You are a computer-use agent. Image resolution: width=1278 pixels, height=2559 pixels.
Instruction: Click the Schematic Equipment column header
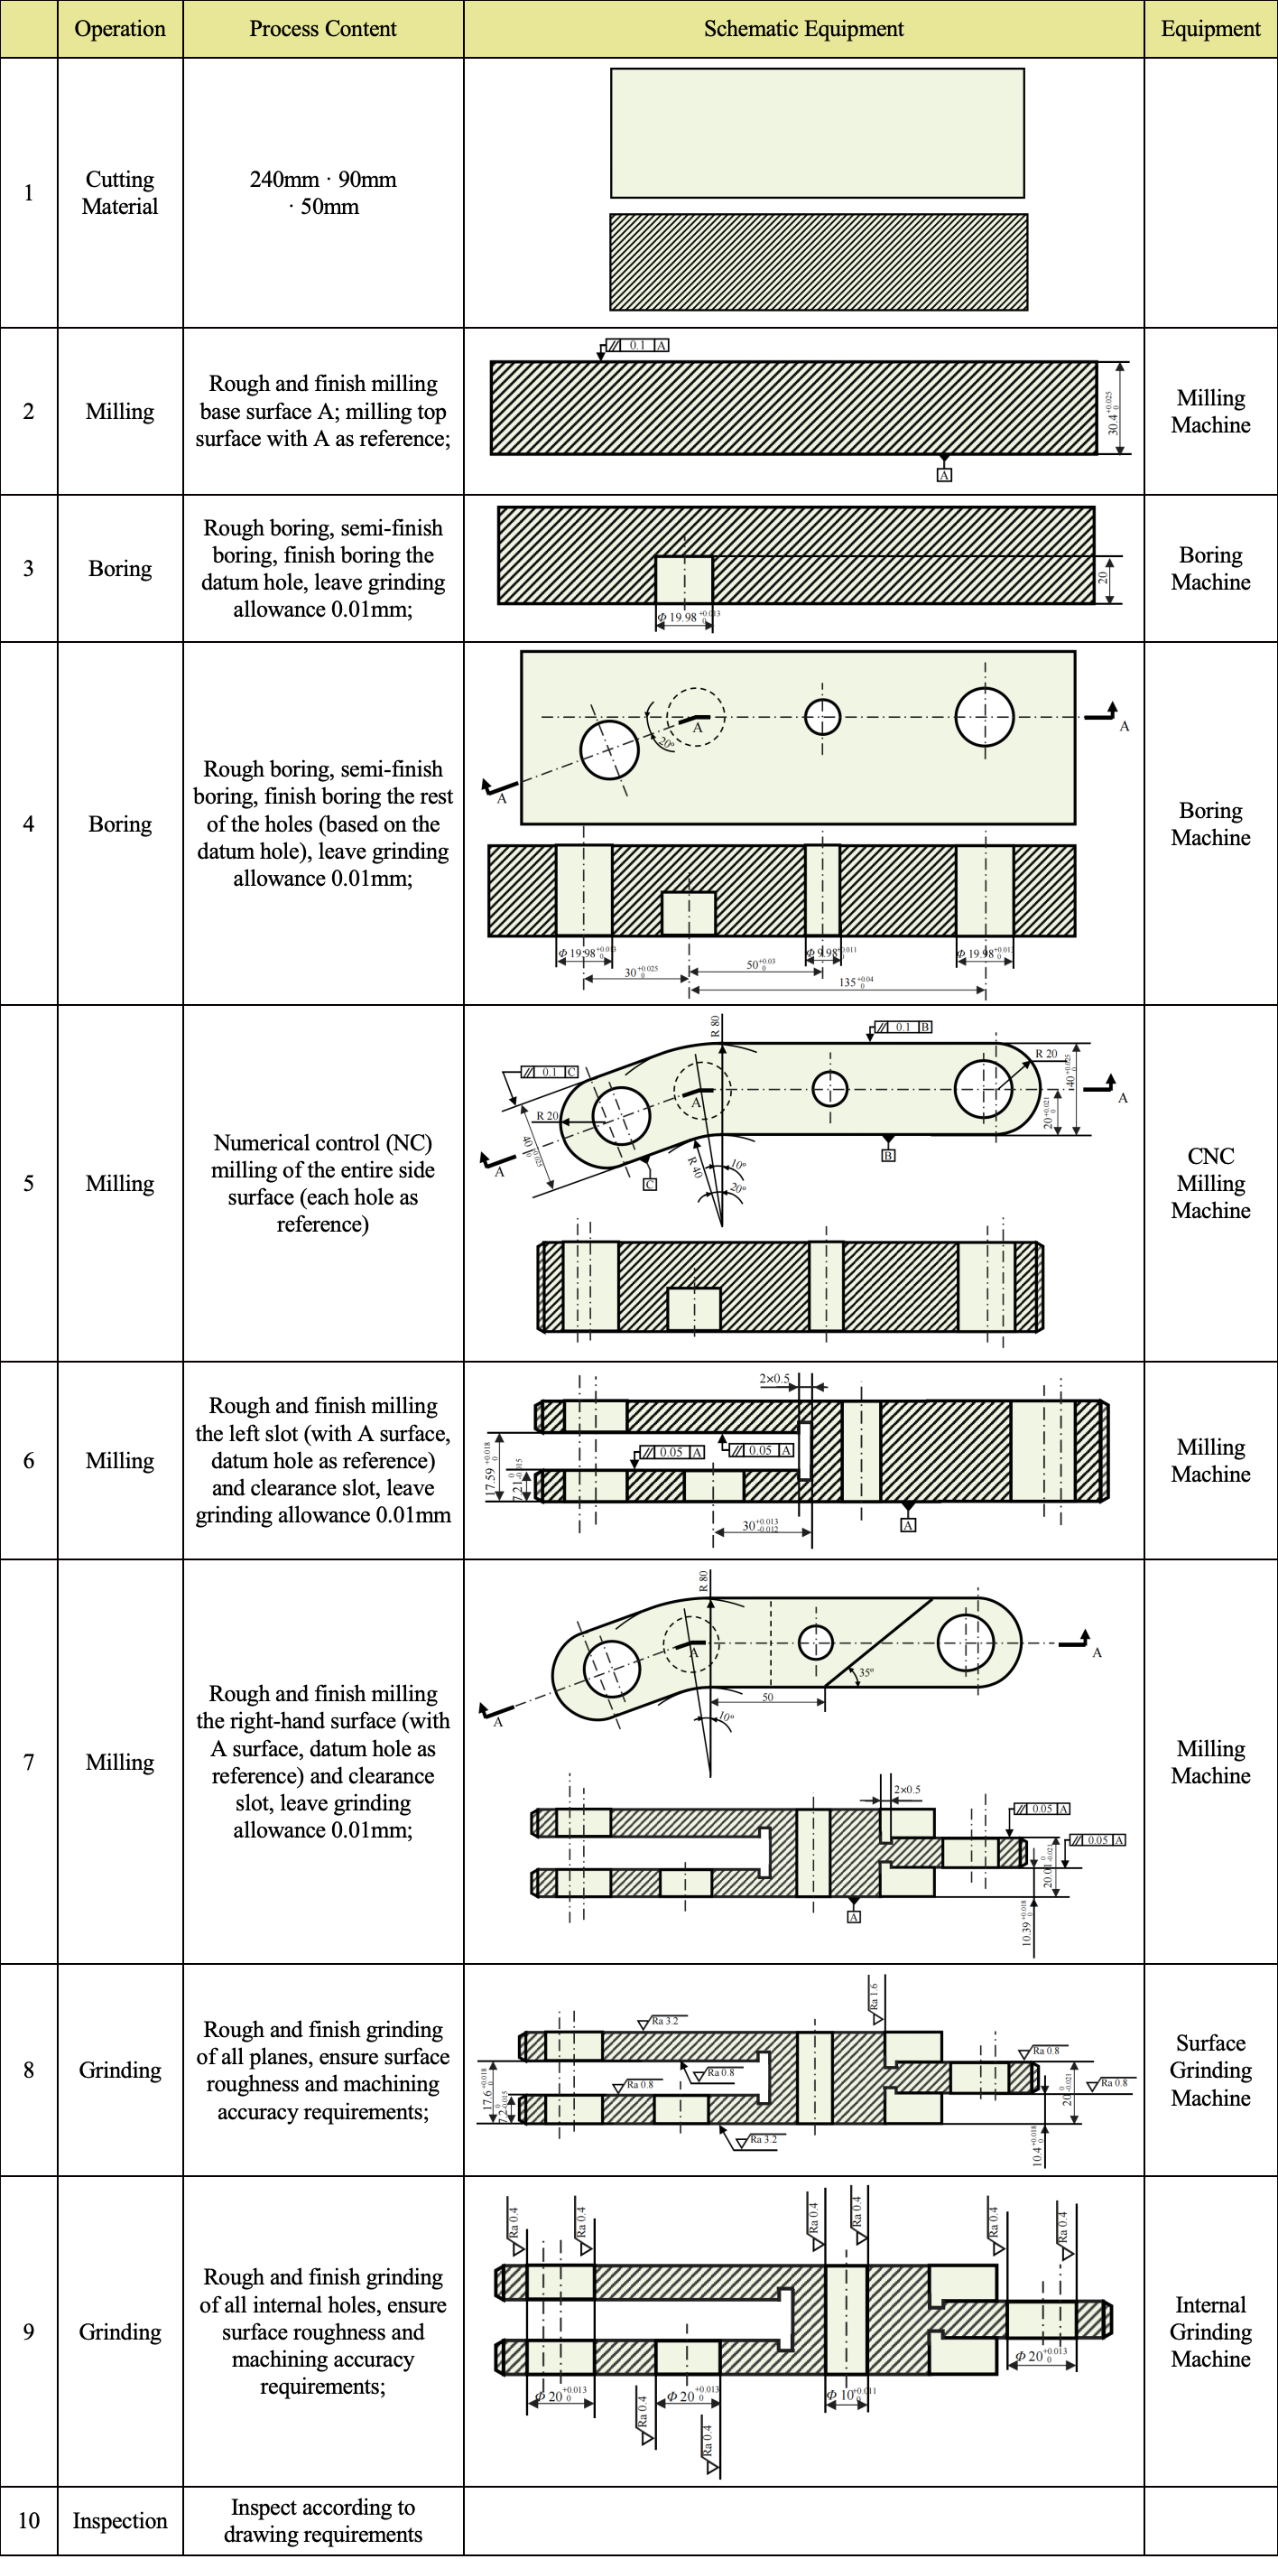[x=803, y=29]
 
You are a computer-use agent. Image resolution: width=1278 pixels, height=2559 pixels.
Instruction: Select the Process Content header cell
[x=323, y=29]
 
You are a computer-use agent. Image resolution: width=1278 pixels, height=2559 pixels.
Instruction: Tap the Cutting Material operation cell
[x=120, y=192]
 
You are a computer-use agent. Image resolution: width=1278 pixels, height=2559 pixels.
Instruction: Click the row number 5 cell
[x=29, y=1183]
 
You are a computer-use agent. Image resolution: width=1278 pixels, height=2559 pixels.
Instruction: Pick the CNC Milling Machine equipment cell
[x=1209, y=1183]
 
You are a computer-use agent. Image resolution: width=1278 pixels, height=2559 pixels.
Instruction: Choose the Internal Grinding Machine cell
[x=1209, y=2331]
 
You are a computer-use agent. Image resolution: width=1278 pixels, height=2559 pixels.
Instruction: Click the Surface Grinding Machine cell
[x=1209, y=2070]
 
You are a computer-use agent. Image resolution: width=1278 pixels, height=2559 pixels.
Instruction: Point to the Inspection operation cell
[x=120, y=2520]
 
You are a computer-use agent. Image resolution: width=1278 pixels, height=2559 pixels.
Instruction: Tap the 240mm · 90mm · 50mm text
[x=323, y=192]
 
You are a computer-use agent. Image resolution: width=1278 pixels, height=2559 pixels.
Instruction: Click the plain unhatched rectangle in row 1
[x=816, y=133]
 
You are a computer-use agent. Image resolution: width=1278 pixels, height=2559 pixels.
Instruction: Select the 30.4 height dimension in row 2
[x=1113, y=413]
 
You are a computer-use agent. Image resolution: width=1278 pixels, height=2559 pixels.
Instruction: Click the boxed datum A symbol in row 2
[x=944, y=475]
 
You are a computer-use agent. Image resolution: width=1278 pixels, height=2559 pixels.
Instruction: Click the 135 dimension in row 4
[x=854, y=982]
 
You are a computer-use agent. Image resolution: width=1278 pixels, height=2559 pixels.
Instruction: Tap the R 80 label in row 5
[x=715, y=1026]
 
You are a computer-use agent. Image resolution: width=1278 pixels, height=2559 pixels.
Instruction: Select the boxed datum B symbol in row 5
[x=889, y=1155]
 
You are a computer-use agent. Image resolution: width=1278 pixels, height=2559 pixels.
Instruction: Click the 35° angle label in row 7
[x=866, y=1673]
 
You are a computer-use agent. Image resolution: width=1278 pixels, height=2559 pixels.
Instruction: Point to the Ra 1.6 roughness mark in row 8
[x=875, y=1996]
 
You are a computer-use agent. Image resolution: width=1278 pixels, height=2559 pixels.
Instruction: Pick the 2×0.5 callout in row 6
[x=774, y=1379]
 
